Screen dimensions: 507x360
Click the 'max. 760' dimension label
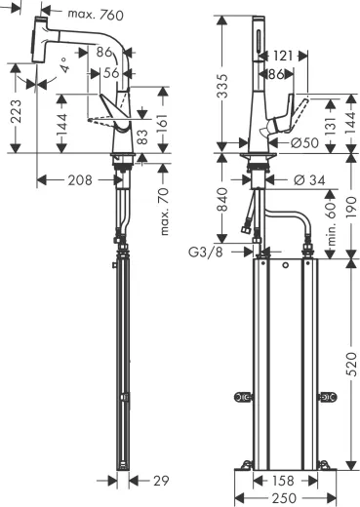click(102, 14)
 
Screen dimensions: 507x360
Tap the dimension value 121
click(282, 58)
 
